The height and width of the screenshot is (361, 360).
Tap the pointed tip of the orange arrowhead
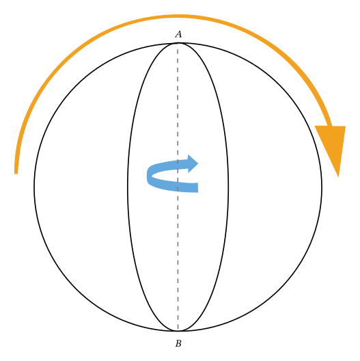[x=338, y=176]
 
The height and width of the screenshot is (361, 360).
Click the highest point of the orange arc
[x=179, y=16]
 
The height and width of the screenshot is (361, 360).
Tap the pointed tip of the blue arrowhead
[x=199, y=163]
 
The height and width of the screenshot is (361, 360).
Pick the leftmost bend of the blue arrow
[x=148, y=175]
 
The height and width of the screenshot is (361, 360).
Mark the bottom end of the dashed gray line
[x=178, y=330]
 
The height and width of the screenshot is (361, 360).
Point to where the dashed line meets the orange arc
[x=178, y=16]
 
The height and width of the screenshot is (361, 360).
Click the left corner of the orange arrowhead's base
[x=315, y=126]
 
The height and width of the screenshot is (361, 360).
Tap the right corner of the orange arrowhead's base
[x=346, y=126]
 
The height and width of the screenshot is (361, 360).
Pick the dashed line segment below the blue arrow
[x=178, y=260]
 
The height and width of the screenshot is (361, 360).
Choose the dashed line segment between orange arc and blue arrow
[x=178, y=96]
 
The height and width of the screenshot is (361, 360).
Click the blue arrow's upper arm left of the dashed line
[x=164, y=165]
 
